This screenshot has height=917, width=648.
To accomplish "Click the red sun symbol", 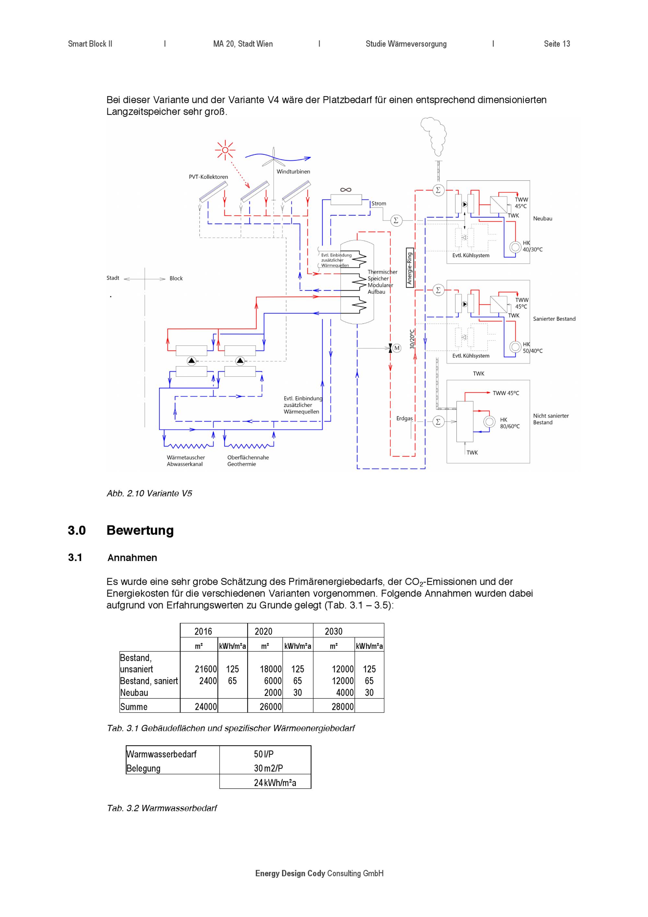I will (x=225, y=150).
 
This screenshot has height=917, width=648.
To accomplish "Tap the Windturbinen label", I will (x=293, y=172).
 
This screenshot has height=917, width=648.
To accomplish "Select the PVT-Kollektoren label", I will (x=208, y=177).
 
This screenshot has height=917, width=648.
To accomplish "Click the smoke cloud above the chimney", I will (x=434, y=136).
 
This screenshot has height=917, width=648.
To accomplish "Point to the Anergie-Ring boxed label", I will (x=410, y=268).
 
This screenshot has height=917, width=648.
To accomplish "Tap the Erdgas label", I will (x=404, y=419).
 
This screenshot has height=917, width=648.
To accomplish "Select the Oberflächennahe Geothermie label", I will (x=248, y=461).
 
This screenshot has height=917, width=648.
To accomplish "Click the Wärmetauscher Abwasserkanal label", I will (x=186, y=461).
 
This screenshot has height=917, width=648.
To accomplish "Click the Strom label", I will (x=379, y=204).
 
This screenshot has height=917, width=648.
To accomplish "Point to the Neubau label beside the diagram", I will (x=543, y=219).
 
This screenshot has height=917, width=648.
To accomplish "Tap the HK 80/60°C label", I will (x=510, y=423).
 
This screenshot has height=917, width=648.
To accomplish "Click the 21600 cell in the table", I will (x=205, y=669).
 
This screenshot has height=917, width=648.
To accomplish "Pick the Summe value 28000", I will (x=342, y=707).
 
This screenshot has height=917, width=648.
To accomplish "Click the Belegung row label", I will (x=143, y=768).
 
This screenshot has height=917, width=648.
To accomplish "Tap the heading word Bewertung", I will (x=140, y=530).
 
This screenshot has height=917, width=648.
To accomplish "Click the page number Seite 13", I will (x=557, y=44).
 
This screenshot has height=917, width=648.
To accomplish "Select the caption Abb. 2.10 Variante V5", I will (x=150, y=493).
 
